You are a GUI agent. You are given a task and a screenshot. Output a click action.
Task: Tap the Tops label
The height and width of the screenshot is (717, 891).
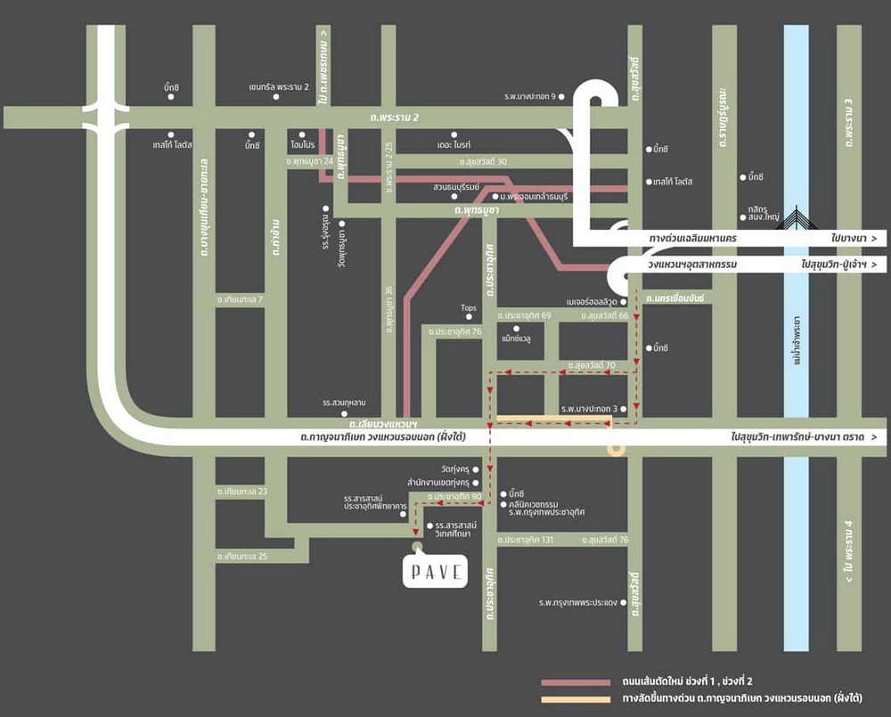click(x=469, y=308)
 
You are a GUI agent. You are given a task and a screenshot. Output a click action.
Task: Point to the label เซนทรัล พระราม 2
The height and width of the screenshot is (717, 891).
click(x=279, y=87)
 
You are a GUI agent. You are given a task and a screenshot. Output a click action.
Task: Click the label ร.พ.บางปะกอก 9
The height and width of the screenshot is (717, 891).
click(x=529, y=96)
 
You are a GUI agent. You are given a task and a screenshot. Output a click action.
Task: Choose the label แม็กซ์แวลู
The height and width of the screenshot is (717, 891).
click(x=516, y=339)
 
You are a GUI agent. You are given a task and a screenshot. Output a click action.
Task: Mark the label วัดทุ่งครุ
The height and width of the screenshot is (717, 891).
click(x=454, y=468)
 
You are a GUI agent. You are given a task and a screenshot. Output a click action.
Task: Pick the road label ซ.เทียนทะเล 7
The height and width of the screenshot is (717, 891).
click(x=241, y=300)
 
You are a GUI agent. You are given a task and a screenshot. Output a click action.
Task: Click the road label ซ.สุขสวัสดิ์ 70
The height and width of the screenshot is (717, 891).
click(x=592, y=365)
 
